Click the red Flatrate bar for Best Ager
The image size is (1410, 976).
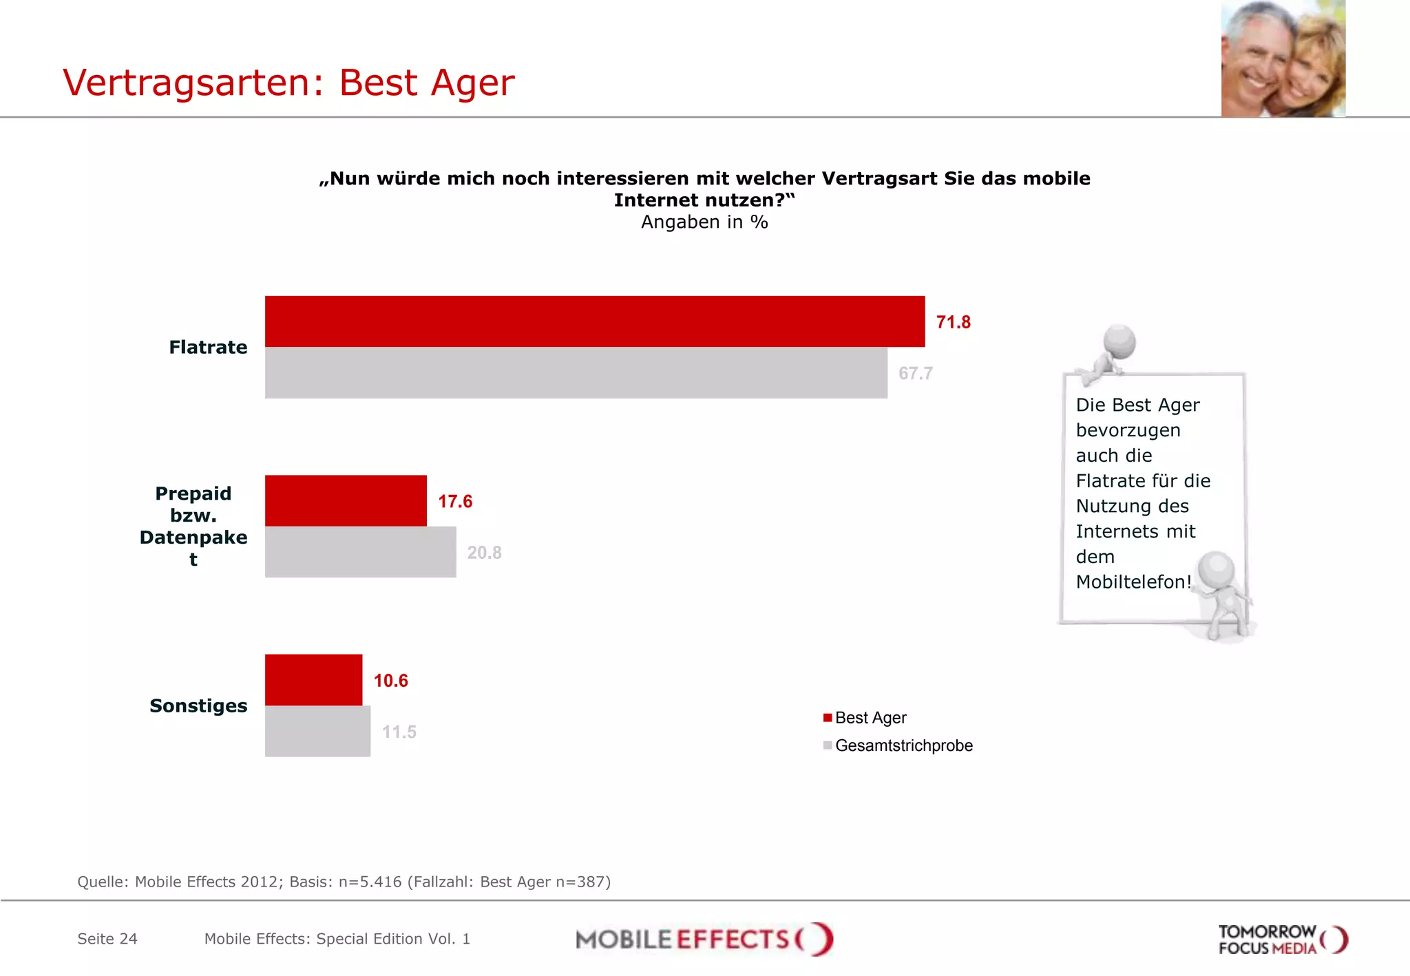click(595, 321)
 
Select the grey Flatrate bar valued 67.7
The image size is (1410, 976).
click(576, 372)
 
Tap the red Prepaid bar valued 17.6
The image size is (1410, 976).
click(346, 500)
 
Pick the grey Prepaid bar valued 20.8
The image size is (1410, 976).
click(360, 552)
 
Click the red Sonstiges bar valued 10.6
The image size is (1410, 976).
click(313, 679)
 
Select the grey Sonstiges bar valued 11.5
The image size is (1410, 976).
click(317, 731)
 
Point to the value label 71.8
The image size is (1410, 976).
click(953, 322)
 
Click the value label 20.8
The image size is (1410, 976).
click(484, 553)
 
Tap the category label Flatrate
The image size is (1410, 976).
click(208, 347)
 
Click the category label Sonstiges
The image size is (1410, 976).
click(198, 706)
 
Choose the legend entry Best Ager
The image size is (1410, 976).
click(870, 718)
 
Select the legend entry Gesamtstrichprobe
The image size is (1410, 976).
click(903, 745)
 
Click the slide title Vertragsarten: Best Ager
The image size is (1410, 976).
click(288, 83)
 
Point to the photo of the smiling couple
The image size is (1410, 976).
click(1283, 59)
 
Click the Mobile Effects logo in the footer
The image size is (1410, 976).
click(704, 939)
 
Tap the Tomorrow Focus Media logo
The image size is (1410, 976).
click(1282, 940)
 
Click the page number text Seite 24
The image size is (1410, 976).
click(107, 939)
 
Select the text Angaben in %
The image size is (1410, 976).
click(704, 222)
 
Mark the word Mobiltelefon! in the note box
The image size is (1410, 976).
click(1133, 582)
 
